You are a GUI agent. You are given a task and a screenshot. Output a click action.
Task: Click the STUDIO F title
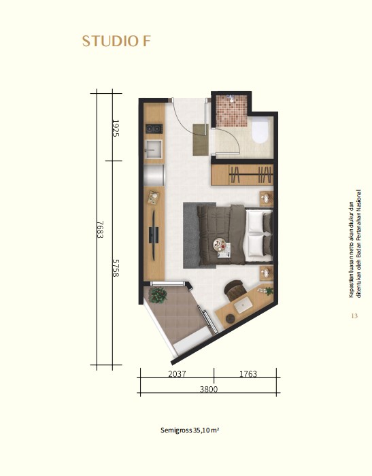[x=116, y=41]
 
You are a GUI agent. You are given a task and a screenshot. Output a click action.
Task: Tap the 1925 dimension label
[x=116, y=128]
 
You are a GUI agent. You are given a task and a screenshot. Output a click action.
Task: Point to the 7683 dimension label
[x=100, y=230]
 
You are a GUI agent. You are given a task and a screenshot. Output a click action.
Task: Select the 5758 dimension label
[x=116, y=268]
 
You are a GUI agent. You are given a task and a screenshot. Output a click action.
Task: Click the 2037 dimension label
[x=177, y=374]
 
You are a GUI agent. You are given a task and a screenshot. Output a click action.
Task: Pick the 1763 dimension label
[x=248, y=374]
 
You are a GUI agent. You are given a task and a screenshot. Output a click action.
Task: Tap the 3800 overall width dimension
[x=209, y=389]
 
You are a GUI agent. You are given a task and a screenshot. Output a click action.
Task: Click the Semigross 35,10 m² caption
[x=190, y=430]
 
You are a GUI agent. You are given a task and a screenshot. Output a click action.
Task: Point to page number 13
[x=354, y=316]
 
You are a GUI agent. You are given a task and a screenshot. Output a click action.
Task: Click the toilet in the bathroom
[x=260, y=131]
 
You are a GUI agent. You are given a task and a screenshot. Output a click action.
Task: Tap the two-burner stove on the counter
[x=154, y=129]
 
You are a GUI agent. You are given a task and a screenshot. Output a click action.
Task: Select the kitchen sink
[x=154, y=150]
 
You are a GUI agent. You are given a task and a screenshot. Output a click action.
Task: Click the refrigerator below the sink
[x=154, y=175]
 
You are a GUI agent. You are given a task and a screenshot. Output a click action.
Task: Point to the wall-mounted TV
[x=154, y=235]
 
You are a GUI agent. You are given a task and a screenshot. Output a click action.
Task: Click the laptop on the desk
[x=243, y=305]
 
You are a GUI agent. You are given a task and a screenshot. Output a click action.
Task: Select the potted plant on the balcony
[x=158, y=295]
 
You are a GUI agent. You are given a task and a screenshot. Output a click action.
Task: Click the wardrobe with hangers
[x=242, y=175]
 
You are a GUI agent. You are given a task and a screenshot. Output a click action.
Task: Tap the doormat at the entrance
[x=201, y=139]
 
